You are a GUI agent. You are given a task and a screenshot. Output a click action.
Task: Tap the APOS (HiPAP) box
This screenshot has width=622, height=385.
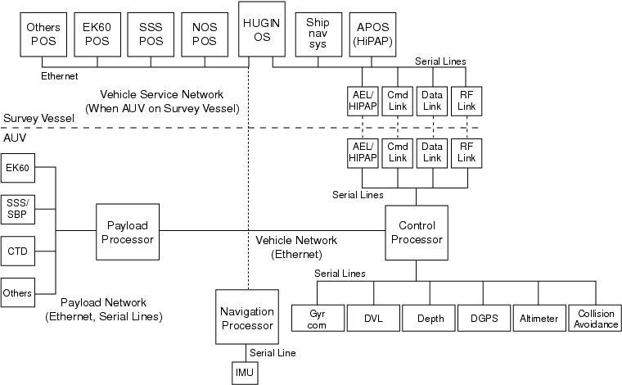372,33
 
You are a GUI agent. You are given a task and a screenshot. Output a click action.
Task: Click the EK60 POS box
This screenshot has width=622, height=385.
97,34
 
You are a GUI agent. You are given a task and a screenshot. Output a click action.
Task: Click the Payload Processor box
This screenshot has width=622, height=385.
126,232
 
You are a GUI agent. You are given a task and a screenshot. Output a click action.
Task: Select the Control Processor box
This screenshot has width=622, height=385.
415,232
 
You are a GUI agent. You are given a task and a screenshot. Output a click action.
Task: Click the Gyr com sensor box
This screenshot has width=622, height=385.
318,318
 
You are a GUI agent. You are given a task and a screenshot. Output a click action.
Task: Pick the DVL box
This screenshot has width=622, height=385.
373,318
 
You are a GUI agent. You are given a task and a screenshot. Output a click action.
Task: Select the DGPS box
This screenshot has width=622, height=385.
483,318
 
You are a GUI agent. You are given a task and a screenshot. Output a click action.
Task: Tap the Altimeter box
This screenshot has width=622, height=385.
539,318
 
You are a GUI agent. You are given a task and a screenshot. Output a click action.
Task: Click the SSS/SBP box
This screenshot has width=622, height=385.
18,209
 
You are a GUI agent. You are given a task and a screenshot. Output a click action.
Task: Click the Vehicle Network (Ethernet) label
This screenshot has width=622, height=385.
296,247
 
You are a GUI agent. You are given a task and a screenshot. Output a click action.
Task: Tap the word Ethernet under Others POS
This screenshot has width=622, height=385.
59,76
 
